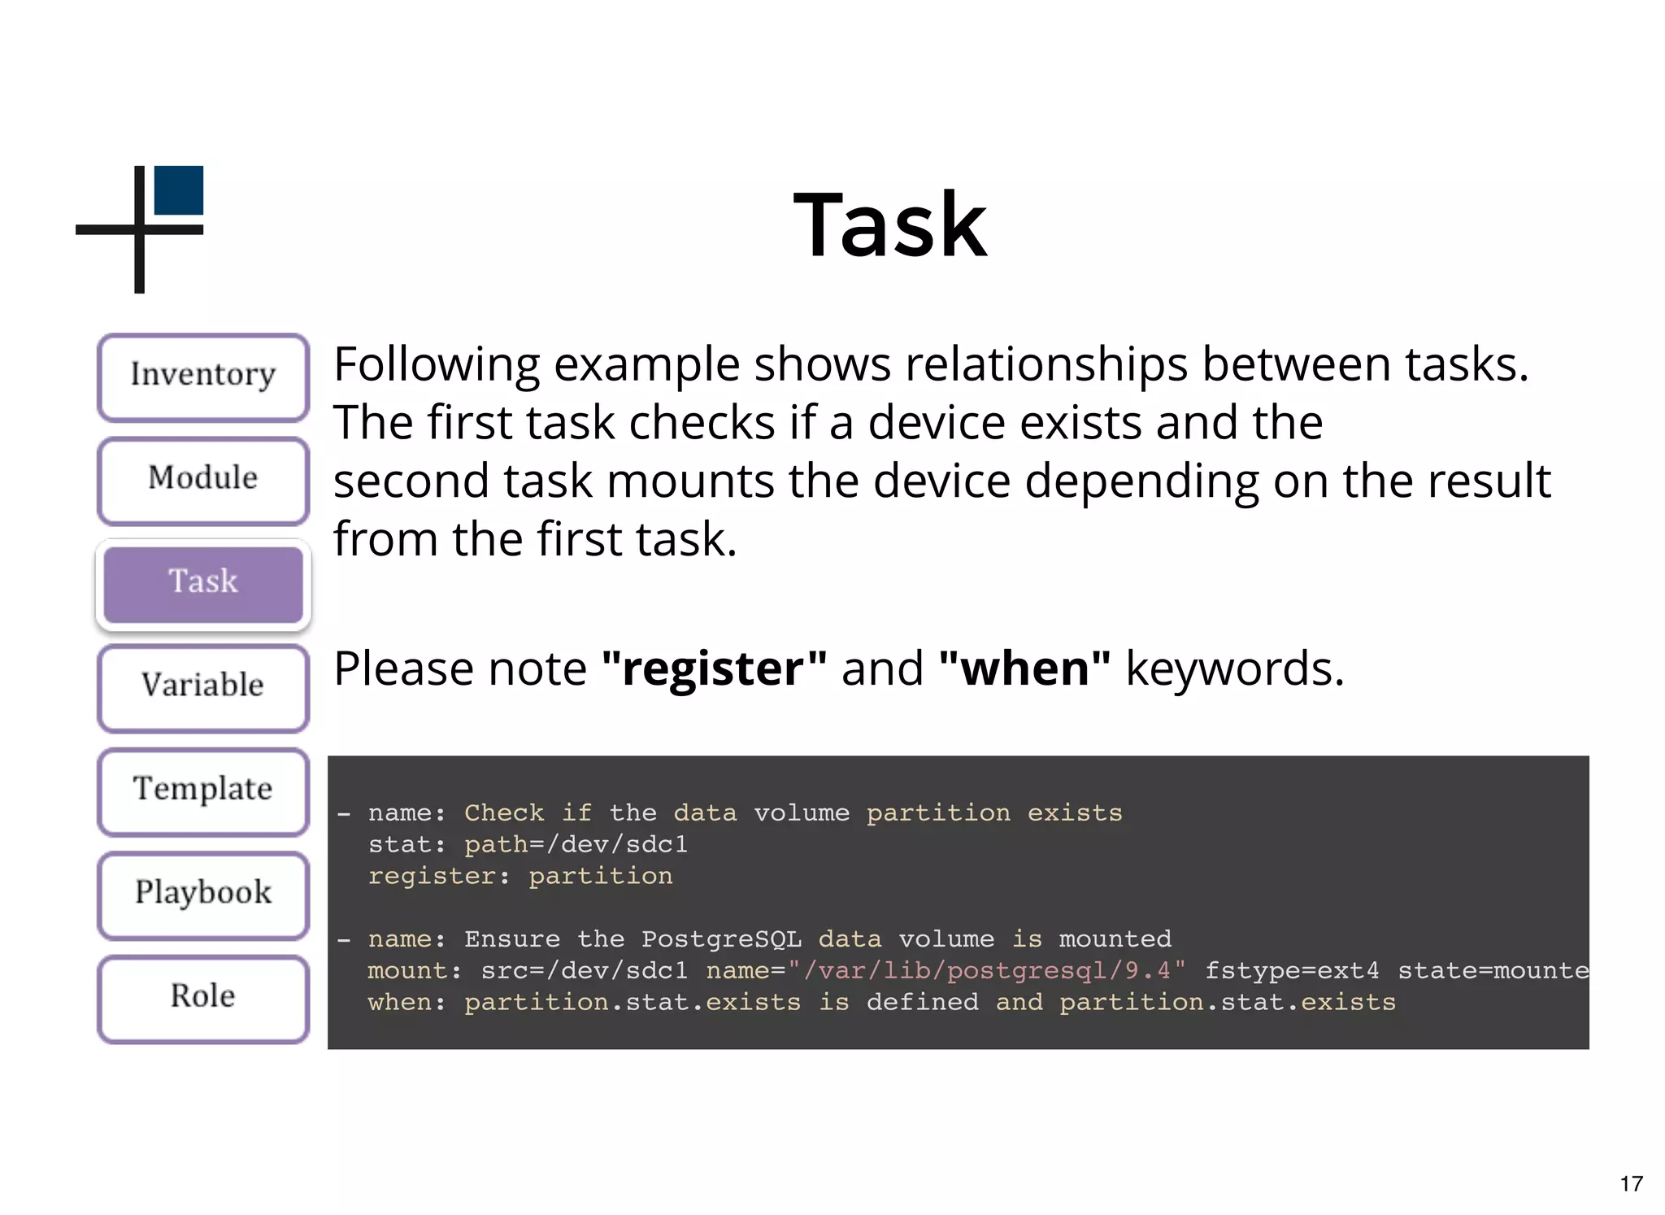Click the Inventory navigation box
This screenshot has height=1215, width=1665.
[x=203, y=377]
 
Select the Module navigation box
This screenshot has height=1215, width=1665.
[x=203, y=480]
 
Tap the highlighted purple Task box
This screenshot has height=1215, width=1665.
[x=203, y=583]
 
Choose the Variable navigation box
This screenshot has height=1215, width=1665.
[x=203, y=687]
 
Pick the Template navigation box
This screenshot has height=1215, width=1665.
[x=203, y=790]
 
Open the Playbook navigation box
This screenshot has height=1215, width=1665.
[x=203, y=894]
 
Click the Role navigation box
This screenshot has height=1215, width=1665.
[x=203, y=998]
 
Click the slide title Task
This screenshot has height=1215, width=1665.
[x=890, y=224]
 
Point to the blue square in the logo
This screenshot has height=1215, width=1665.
[x=178, y=190]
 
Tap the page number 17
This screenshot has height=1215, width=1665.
[x=1631, y=1183]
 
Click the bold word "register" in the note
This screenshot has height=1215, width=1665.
[x=715, y=668]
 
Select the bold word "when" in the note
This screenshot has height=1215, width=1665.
[x=1024, y=668]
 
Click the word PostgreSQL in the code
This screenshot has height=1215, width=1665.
[x=721, y=939]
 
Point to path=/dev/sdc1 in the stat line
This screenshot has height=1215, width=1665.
[x=576, y=845]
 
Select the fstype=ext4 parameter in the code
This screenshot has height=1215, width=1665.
[x=1292, y=971]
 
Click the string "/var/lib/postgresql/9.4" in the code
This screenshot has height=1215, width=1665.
[x=986, y=971]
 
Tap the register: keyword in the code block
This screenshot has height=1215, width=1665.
[x=439, y=876]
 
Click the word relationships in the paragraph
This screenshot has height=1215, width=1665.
[x=1046, y=364]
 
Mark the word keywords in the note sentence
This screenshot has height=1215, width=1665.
[x=1234, y=668]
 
